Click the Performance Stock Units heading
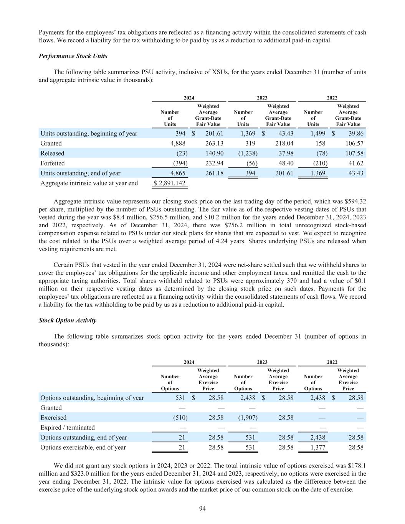pyautogui.click(x=73, y=56)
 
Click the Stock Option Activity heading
pyautogui.click(x=68, y=321)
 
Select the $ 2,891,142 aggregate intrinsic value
pyautogui.click(x=169, y=183)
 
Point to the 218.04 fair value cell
pyautogui.click(x=284, y=143)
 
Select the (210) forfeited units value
pyautogui.click(x=319, y=163)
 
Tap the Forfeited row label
pyautogui.click(x=53, y=163)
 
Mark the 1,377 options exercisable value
pyautogui.click(x=317, y=447)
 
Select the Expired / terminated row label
pyautogui.click(x=68, y=428)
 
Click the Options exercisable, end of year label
pyautogui.click(x=83, y=447)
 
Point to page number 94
pyautogui.click(x=202, y=509)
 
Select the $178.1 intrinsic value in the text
pyautogui.click(x=357, y=466)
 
